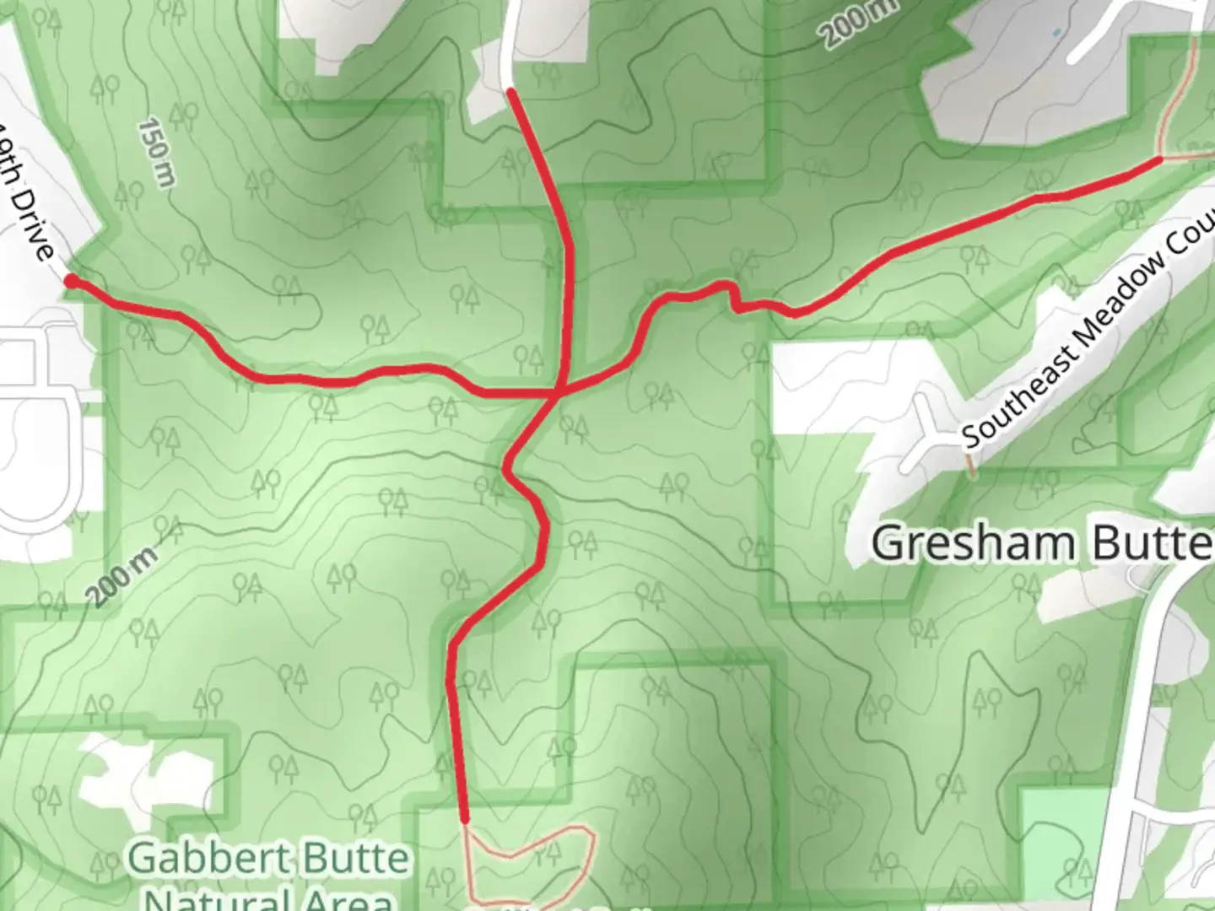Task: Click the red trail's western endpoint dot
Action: [72, 281]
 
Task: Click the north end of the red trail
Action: [510, 89]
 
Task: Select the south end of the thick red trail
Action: [464, 818]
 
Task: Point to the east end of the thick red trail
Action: [1160, 159]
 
